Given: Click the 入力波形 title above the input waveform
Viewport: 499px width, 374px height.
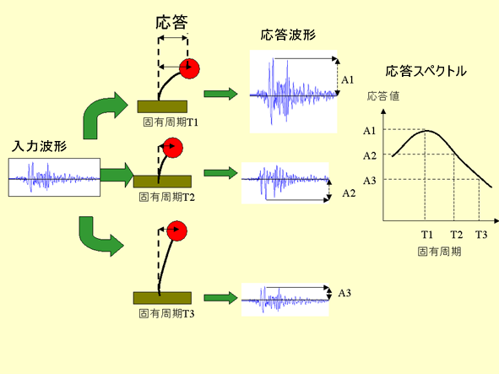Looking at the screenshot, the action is (x=39, y=146).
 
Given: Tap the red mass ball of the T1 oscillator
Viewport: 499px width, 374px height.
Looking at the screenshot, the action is (x=189, y=68).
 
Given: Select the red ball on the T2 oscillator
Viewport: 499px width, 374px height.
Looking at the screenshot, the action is (x=173, y=148).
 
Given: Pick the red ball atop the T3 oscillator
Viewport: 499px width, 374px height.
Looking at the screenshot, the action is (x=176, y=230).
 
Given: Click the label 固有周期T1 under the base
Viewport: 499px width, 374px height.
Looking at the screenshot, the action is (x=171, y=122).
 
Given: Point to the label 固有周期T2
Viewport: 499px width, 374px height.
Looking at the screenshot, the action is (x=166, y=197).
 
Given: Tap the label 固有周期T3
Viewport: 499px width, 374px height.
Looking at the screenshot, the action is (x=166, y=313).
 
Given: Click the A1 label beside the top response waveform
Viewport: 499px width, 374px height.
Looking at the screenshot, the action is (x=348, y=79).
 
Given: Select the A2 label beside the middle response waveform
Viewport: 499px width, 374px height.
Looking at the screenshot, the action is (x=349, y=192).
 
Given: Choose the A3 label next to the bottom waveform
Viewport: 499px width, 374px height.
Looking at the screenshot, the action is (x=344, y=293).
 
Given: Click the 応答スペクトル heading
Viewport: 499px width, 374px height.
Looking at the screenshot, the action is (x=426, y=71).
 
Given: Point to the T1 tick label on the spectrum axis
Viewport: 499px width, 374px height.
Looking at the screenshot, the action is (x=426, y=235).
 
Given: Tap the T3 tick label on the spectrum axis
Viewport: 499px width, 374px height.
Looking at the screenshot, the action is (x=481, y=235).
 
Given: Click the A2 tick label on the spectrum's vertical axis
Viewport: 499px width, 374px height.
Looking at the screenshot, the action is (x=370, y=155).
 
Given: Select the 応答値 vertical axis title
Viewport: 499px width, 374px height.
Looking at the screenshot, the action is (x=383, y=95).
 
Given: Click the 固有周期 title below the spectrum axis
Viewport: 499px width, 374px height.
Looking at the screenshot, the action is (x=440, y=252).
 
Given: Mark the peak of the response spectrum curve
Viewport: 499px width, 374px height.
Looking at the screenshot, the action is (x=426, y=131).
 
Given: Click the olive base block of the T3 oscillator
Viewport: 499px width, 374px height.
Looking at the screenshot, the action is (x=162, y=298).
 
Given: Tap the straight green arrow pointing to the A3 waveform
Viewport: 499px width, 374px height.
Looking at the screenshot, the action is (x=220, y=298).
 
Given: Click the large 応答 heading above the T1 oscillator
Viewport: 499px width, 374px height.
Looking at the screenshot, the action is (x=171, y=23).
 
